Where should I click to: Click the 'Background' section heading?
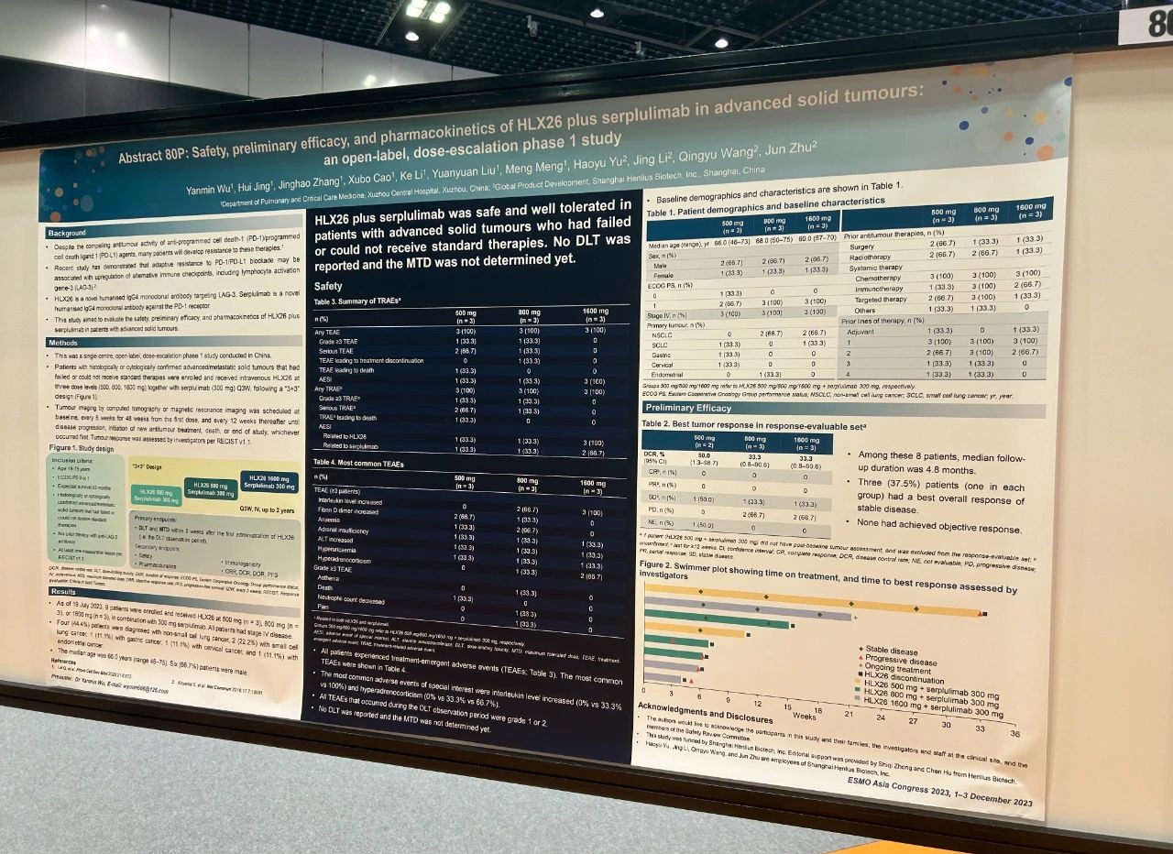[68, 233]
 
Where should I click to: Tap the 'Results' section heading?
[64, 592]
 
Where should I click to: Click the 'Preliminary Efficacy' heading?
[688, 407]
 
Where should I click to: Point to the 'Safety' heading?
[328, 286]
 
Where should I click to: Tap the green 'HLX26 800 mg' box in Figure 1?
[212, 487]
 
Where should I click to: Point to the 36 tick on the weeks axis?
[1014, 733]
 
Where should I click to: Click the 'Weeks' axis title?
[805, 715]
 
